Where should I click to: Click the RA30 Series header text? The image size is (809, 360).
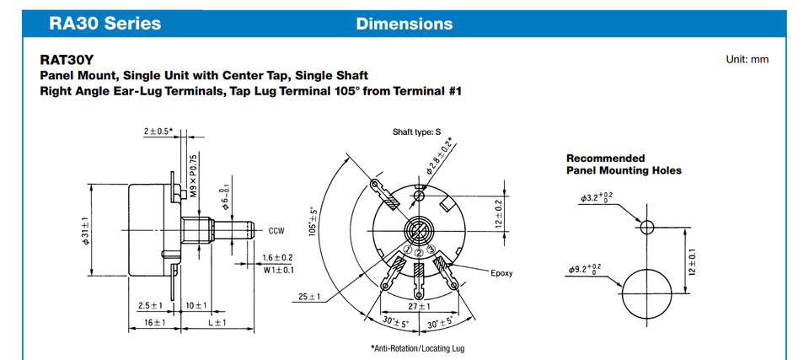(105, 24)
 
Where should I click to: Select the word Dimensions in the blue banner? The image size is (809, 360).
(404, 24)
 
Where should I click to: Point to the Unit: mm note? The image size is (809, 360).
(747, 59)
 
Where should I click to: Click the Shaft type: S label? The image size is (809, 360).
(417, 132)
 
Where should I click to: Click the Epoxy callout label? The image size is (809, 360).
(501, 273)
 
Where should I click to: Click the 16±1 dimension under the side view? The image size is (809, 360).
(154, 323)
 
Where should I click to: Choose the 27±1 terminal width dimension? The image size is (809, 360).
(419, 306)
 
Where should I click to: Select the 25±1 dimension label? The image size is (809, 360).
(309, 297)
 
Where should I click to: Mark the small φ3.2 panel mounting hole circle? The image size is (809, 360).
(647, 220)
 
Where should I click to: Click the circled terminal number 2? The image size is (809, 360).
(419, 252)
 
